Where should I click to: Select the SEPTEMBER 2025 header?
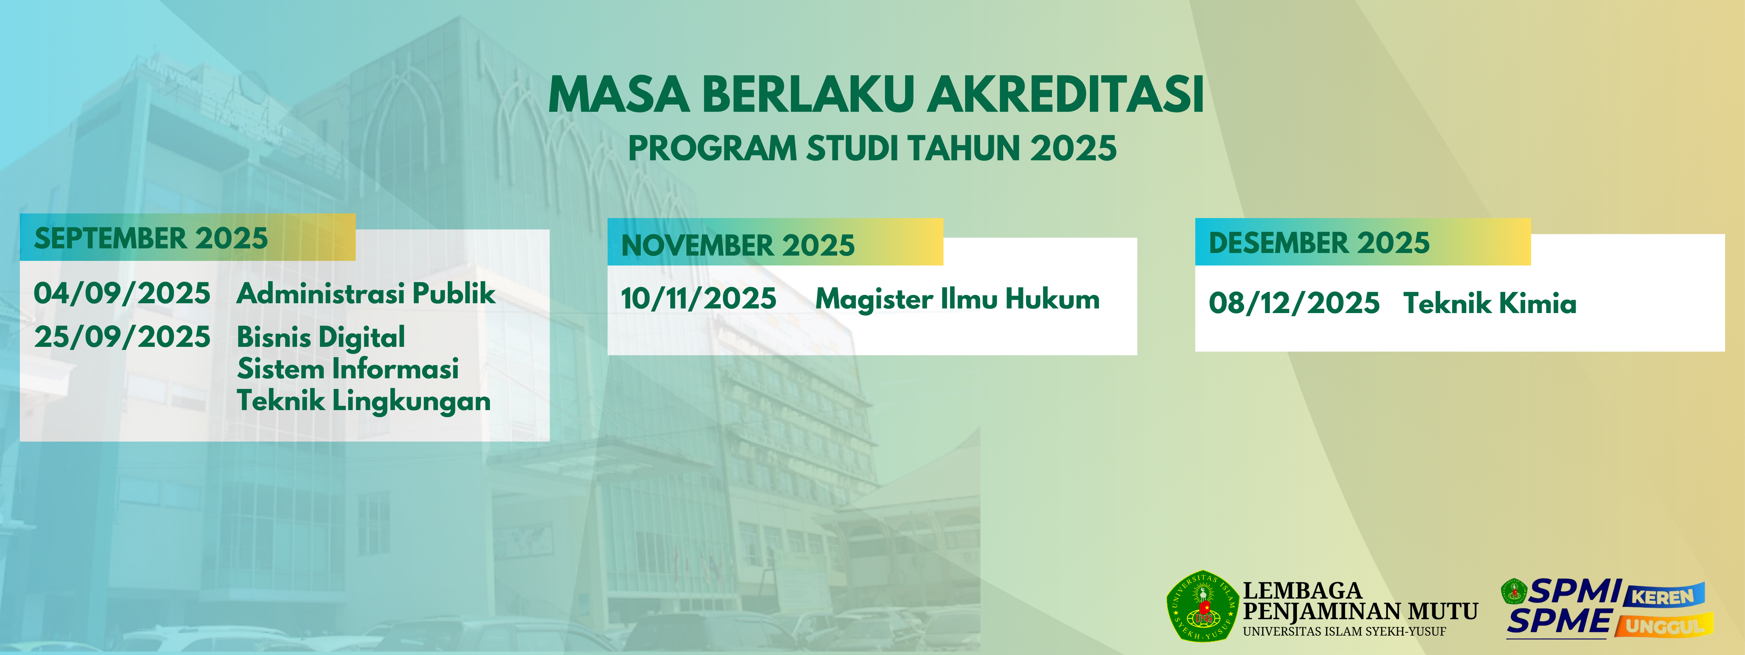(151, 239)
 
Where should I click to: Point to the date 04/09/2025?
(122, 294)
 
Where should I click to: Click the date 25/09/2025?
(122, 337)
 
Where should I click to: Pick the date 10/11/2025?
(698, 299)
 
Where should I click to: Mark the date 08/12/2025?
(1294, 303)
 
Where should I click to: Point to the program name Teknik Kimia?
(1490, 303)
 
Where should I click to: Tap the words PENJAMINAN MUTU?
(1360, 612)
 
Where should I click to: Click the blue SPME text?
(1559, 622)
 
